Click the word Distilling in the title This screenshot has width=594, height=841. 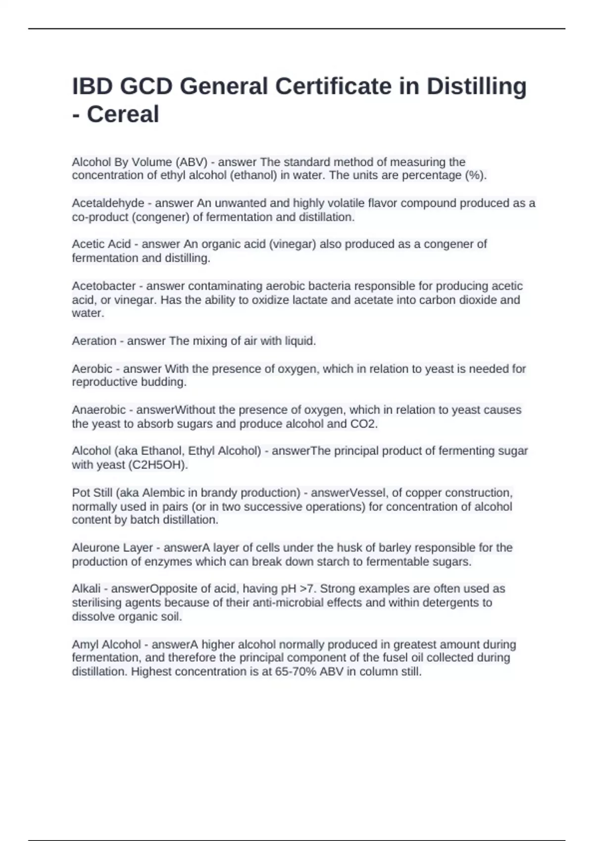(x=476, y=87)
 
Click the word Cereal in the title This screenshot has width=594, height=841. (x=123, y=114)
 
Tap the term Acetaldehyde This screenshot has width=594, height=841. (x=108, y=203)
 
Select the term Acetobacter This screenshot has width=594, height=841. (x=103, y=286)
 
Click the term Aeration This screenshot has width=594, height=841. (x=94, y=341)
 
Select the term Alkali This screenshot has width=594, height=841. (x=86, y=589)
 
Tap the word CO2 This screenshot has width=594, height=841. (x=363, y=424)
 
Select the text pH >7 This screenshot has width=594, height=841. (x=298, y=589)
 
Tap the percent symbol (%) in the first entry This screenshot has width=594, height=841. (x=474, y=176)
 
